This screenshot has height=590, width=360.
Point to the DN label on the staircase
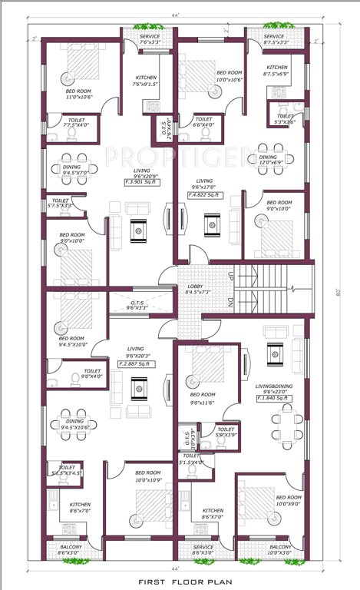tap(230, 302)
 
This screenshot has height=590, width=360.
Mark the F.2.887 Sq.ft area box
tap(139, 365)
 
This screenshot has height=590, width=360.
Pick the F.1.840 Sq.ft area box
tap(271, 398)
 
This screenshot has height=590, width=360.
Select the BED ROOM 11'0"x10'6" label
tap(80, 94)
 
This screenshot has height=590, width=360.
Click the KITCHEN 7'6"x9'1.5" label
tap(146, 81)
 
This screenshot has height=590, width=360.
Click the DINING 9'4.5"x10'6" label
tap(74, 424)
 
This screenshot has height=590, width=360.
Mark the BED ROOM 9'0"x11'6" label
tap(203, 397)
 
